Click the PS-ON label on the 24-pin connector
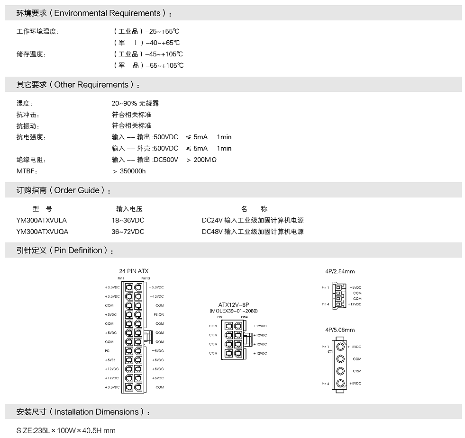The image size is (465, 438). (x=158, y=314)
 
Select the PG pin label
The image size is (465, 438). (x=107, y=351)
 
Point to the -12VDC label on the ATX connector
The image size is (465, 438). (x=157, y=296)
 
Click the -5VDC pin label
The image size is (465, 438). (x=158, y=351)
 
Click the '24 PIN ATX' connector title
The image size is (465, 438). (x=134, y=271)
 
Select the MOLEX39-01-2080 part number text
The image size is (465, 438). (x=233, y=311)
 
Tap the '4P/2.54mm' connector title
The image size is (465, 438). (x=340, y=271)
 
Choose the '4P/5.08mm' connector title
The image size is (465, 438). (x=340, y=330)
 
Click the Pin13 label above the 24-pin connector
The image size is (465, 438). (x=145, y=278)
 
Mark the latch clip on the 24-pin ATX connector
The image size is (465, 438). (x=147, y=337)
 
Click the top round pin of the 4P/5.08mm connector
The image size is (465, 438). (x=340, y=347)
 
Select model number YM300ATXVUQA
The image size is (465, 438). (x=42, y=232)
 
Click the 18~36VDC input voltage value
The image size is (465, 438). (x=128, y=220)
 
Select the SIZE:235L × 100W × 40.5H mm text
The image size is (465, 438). (x=66, y=430)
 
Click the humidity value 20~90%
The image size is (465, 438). (x=125, y=103)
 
